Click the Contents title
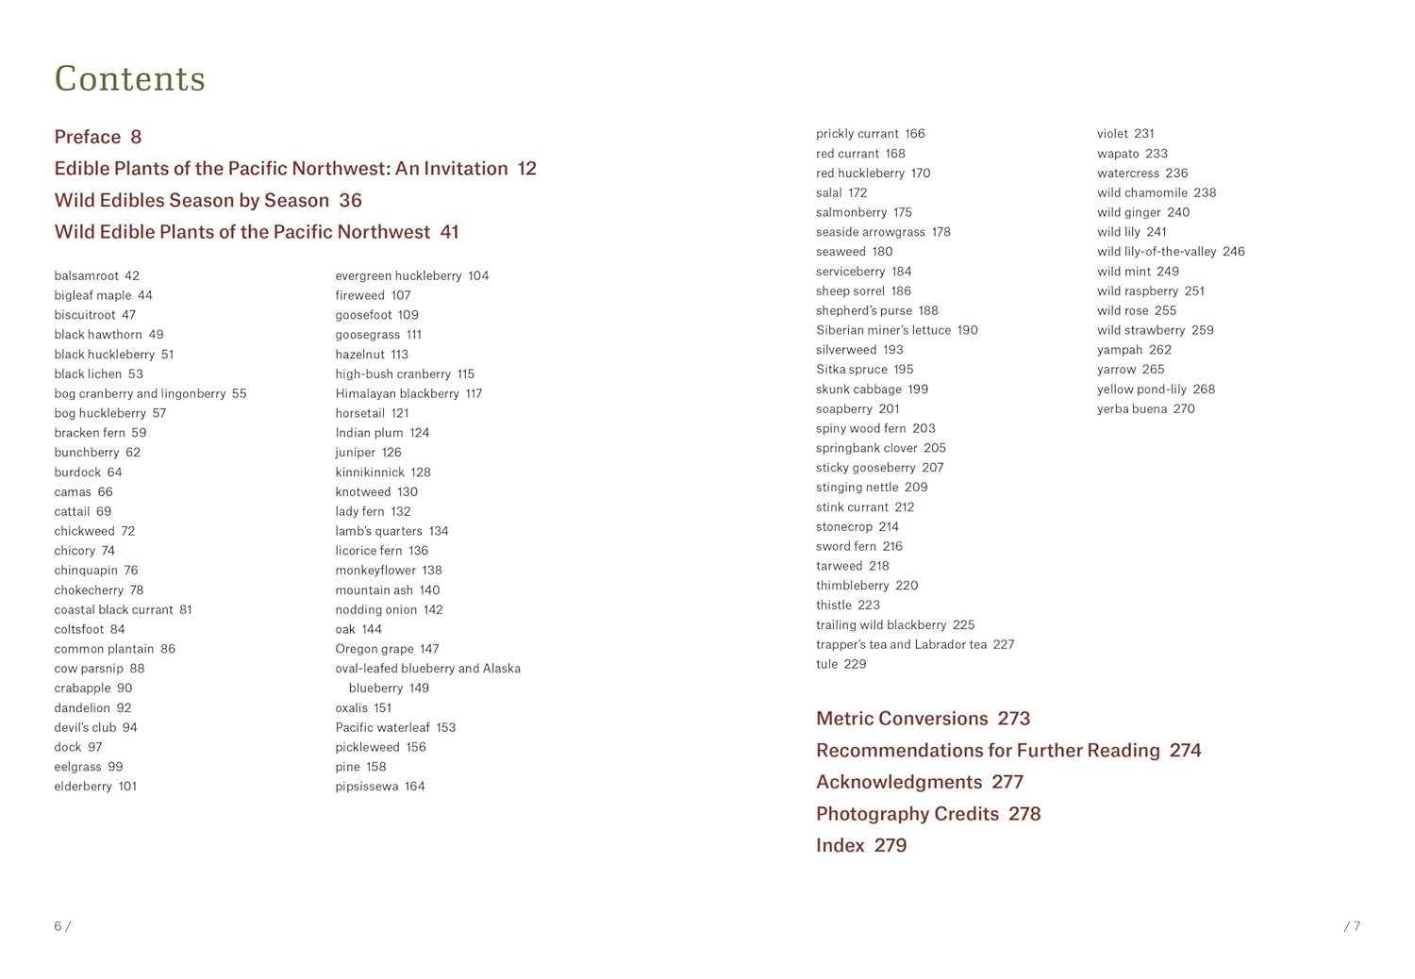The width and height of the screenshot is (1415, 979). pyautogui.click(x=129, y=78)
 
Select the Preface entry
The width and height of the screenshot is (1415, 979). pyautogui.click(x=97, y=137)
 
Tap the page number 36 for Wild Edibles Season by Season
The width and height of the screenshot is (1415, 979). pyautogui.click(x=350, y=200)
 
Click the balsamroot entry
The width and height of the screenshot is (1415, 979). pyautogui.click(x=96, y=275)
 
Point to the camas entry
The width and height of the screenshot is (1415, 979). pyautogui.click(x=83, y=491)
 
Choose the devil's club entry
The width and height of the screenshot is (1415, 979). pyautogui.click(x=95, y=727)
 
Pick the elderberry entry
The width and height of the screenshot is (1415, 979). pyautogui.click(x=95, y=786)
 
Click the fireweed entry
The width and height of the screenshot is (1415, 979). pyautogui.click(x=373, y=295)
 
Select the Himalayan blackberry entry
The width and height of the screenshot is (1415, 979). pyautogui.click(x=408, y=393)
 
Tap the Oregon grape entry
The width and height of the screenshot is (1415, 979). pyautogui.click(x=387, y=649)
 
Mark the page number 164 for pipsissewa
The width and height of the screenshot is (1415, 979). pyautogui.click(x=415, y=786)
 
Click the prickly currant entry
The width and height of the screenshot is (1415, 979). pyautogui.click(x=870, y=134)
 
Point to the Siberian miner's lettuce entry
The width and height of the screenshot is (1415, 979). pyautogui.click(x=896, y=330)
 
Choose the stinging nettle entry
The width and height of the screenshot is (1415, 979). pyautogui.click(x=872, y=487)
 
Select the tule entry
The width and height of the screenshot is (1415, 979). pyautogui.click(x=841, y=664)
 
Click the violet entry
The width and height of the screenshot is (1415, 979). pyautogui.click(x=1125, y=134)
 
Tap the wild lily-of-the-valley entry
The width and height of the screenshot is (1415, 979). pyautogui.click(x=1171, y=252)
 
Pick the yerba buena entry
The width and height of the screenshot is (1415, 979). pyautogui.click(x=1145, y=408)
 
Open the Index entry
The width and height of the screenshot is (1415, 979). pyautogui.click(x=860, y=845)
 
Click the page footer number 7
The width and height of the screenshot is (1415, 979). pyautogui.click(x=1355, y=926)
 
